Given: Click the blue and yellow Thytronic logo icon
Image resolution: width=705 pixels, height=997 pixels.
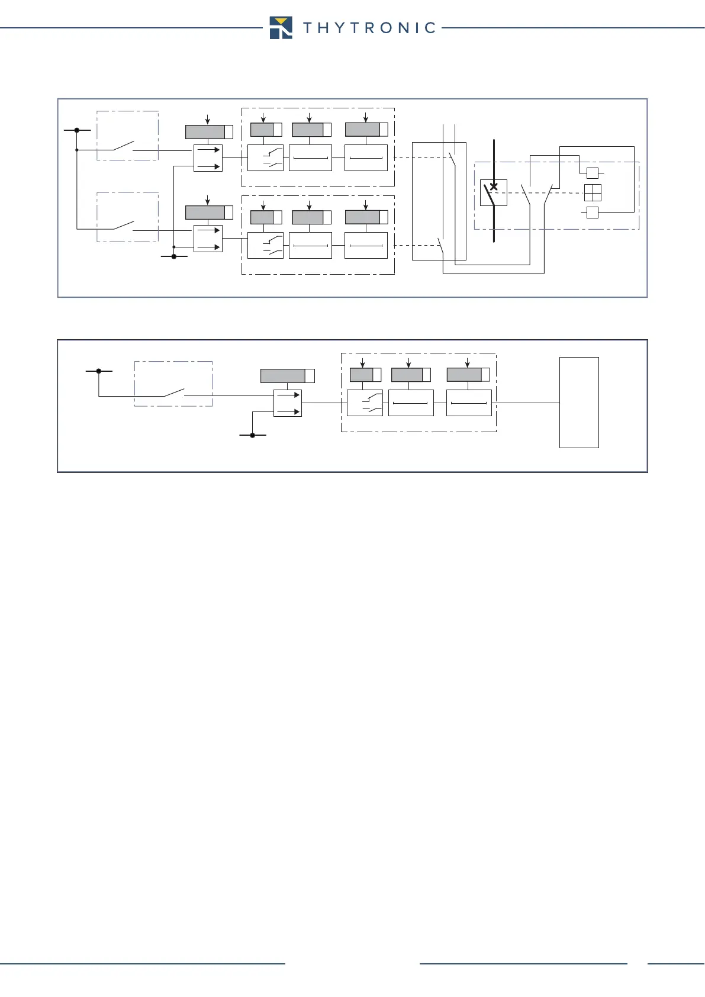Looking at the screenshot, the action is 281,28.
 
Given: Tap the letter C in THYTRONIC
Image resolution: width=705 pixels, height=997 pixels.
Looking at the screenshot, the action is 430,28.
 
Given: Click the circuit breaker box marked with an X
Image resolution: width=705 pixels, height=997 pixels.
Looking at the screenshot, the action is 493,192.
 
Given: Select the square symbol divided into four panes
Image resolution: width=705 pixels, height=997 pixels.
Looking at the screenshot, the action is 593,193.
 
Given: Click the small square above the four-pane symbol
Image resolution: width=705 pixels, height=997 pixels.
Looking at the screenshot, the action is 592,173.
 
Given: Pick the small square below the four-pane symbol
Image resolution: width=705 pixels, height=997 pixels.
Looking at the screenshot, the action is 592,212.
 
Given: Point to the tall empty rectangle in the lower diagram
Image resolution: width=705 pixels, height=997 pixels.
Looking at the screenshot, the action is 579,403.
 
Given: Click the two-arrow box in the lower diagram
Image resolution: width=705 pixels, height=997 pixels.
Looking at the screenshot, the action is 288,403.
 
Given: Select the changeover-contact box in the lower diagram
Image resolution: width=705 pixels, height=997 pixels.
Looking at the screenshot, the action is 365,403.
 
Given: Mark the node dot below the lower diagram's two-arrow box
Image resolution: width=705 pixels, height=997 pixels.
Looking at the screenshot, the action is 253,435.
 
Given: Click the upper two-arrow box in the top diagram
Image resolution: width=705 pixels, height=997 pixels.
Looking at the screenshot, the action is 208,158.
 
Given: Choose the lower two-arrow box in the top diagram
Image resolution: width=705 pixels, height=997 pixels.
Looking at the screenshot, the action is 208,239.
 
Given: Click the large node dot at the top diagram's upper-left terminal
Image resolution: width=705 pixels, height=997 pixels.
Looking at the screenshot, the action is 77,130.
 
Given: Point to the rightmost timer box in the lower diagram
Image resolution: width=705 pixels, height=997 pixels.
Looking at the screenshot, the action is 469,403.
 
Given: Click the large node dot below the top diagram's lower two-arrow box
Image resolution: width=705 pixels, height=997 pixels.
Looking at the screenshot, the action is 173,256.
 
